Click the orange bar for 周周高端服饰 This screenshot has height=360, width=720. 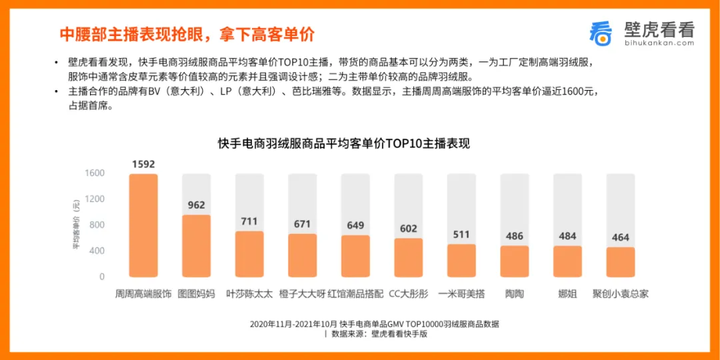point(143,225)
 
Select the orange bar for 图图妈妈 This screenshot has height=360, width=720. point(196,246)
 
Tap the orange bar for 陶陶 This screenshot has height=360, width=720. point(514,262)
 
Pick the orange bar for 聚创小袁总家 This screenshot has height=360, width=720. point(621,262)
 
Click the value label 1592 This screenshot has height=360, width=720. point(143,165)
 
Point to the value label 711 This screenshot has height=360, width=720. point(249,222)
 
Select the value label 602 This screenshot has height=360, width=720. point(408,229)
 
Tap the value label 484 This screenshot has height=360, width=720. point(567,237)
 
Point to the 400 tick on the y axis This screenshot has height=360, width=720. point(97,251)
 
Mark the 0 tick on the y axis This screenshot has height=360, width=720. point(102,277)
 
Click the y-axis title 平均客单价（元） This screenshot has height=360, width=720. point(76,225)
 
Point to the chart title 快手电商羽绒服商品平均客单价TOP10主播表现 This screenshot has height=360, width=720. point(344,143)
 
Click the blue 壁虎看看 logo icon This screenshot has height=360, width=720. point(601,33)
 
